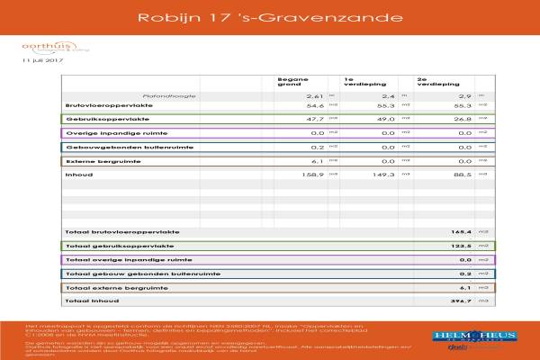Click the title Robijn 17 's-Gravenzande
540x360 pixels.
270,17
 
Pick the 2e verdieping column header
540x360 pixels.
430,81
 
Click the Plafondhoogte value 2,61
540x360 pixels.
314,94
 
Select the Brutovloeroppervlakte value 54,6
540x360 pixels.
314,105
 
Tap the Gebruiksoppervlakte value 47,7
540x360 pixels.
314,118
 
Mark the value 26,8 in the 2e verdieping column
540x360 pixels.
461,118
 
